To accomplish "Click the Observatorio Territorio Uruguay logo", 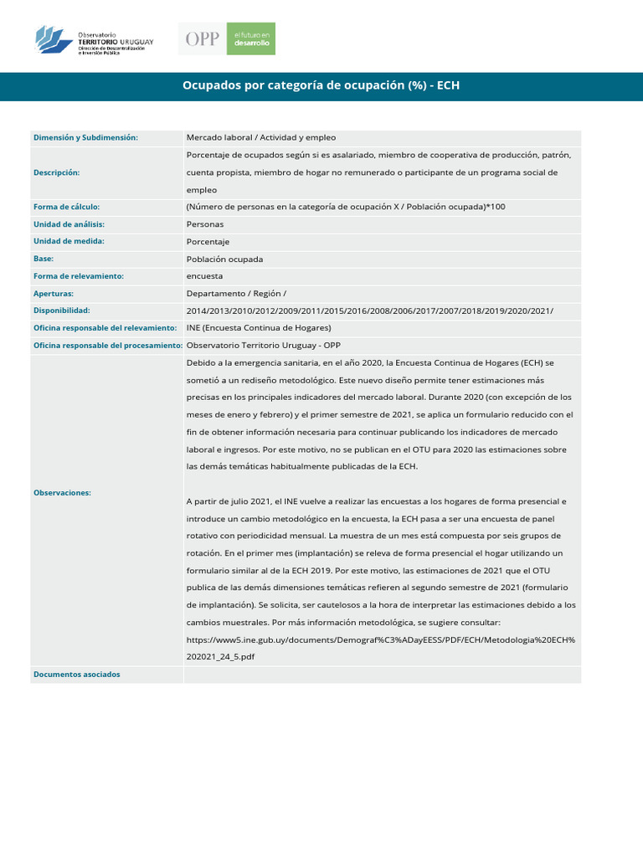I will [x=95, y=39].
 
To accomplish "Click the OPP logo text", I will [x=203, y=39].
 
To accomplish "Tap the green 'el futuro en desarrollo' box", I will [x=252, y=39].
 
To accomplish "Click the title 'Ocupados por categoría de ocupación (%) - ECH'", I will [x=321, y=86].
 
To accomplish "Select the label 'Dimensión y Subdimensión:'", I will [x=85, y=137].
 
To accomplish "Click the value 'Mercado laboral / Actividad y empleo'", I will [x=261, y=137].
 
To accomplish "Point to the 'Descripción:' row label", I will [x=56, y=172].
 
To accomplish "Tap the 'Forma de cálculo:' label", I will [x=66, y=207].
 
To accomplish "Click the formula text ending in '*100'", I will [x=346, y=207].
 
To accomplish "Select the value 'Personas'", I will [x=205, y=224].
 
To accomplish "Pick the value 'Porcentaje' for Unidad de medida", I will [x=208, y=241].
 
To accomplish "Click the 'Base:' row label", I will [x=44, y=259].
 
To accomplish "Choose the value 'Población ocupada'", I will [x=224, y=259].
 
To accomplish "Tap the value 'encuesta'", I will [x=205, y=275].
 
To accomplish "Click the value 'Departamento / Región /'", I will [x=236, y=294].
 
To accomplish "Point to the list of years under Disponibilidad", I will [x=369, y=310].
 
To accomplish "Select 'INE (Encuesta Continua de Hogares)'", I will [x=259, y=327].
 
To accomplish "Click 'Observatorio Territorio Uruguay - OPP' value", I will [x=264, y=345].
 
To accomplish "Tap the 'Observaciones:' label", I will [x=62, y=493].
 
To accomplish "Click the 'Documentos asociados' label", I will [x=77, y=675].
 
